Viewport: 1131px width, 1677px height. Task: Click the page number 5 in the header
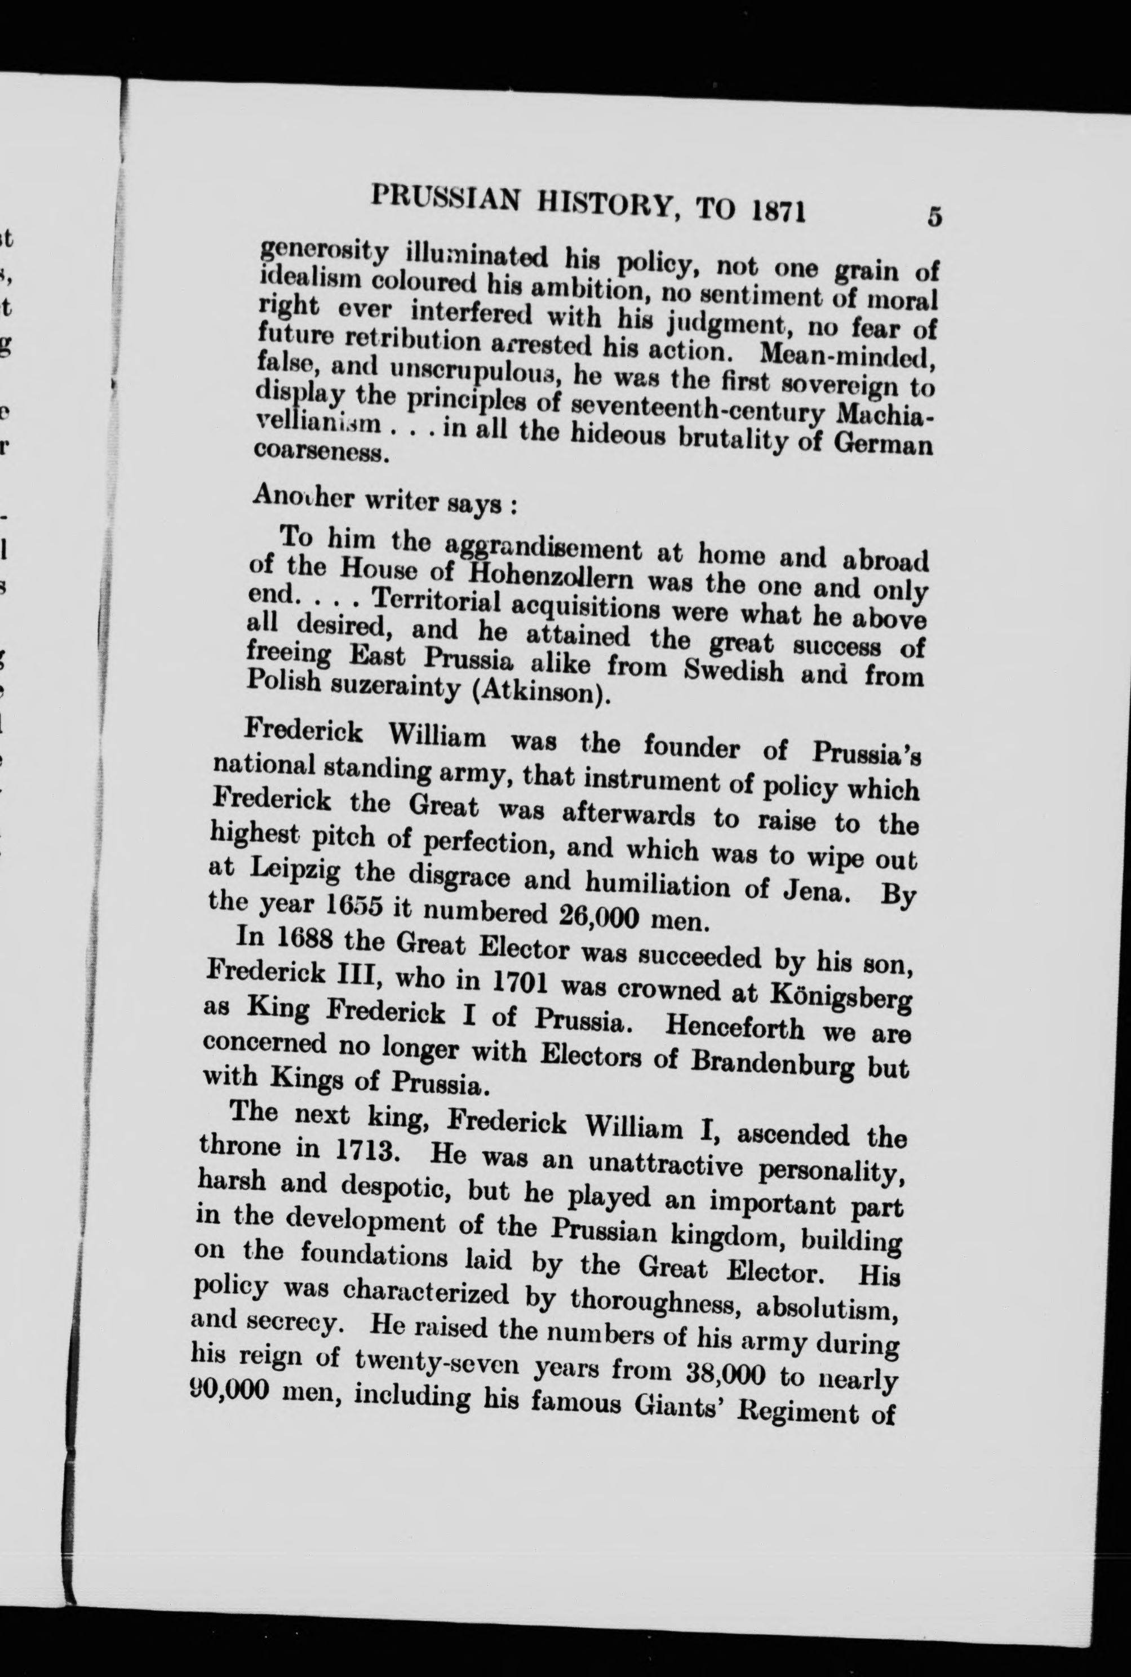(x=935, y=216)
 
